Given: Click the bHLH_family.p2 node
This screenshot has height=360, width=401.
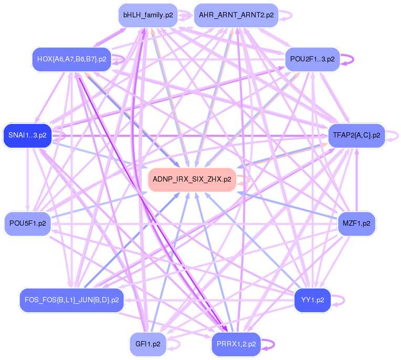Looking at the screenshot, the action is tap(147, 15).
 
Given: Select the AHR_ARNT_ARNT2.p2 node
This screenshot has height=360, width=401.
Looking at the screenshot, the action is tap(236, 15).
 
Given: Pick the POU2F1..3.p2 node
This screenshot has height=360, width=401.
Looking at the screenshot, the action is tap(313, 59).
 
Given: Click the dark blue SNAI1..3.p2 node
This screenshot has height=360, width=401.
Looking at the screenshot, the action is tap(27, 135).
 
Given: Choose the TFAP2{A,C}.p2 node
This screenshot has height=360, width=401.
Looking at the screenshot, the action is tap(356, 135).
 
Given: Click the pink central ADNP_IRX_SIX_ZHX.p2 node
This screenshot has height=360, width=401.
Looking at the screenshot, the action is tap(192, 179).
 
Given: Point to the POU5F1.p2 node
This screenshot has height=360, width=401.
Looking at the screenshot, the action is tap(27, 224).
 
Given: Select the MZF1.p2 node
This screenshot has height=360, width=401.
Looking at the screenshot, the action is tap(356, 224).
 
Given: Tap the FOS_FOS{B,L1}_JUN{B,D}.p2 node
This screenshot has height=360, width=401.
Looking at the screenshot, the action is tap(71, 301).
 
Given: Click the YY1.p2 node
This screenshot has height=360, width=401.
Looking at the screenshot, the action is tap(312, 301).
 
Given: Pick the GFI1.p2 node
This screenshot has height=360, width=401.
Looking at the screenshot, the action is tap(147, 344).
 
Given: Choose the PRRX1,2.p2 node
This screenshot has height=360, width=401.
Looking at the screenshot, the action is tap(236, 344).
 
